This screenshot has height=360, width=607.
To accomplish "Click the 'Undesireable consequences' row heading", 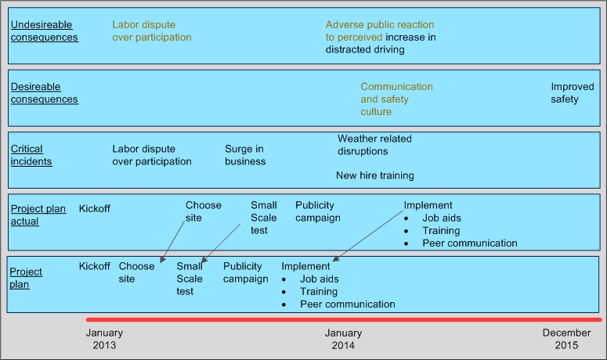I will (44, 31).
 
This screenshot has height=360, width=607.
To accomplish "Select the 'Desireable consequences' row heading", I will (44, 93).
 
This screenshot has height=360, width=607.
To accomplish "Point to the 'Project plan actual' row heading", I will (38, 214).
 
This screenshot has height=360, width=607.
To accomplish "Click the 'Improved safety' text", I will (572, 93).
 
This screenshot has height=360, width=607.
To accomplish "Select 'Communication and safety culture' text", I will (396, 99).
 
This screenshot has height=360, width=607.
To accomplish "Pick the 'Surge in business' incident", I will (245, 155).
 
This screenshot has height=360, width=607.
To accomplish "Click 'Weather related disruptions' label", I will (374, 145).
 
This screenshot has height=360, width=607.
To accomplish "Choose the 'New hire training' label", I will (375, 175).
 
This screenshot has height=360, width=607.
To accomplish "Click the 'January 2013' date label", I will (104, 339).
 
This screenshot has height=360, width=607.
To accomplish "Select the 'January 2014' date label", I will (344, 339).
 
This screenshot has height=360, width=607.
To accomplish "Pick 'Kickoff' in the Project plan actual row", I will (95, 208).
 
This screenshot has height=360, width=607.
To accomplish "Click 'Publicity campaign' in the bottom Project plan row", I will (245, 272).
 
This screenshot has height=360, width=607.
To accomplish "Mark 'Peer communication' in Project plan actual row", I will (470, 243).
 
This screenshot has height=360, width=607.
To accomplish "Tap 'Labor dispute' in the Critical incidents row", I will (151, 155).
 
